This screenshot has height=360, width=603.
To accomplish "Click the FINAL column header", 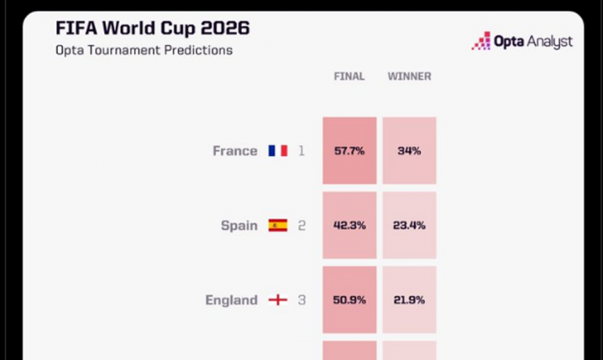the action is tap(349, 76).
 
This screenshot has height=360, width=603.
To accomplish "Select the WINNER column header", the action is tap(409, 76).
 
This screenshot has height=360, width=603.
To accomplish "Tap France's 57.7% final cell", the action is tap(349, 150).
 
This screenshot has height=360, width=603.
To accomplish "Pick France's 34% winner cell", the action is tap(410, 150).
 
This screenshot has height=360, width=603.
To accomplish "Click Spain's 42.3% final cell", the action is tap(349, 225).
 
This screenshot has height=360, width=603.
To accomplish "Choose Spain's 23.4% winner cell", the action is tap(410, 225).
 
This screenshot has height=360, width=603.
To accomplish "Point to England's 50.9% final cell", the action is tap(349, 300).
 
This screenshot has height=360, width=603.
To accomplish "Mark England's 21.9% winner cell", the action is tap(410, 300).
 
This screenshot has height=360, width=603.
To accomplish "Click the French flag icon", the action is tap(278, 150).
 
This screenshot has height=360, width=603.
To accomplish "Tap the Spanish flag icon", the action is tap(278, 225).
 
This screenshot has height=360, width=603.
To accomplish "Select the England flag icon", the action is tap(278, 300).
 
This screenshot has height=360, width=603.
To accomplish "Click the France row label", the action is tap(235, 150).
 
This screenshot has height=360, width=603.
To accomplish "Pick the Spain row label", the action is tap(239, 226).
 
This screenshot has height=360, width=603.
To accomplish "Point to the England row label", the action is tap(231, 300).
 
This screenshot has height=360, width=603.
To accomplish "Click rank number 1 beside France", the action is tap(301, 150).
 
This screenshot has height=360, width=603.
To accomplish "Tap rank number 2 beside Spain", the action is tap(301, 225).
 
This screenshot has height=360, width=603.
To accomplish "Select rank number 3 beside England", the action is tap(301, 300).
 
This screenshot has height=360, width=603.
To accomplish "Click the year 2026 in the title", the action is tap(225, 28).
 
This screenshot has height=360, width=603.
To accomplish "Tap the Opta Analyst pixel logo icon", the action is tap(481, 41).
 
